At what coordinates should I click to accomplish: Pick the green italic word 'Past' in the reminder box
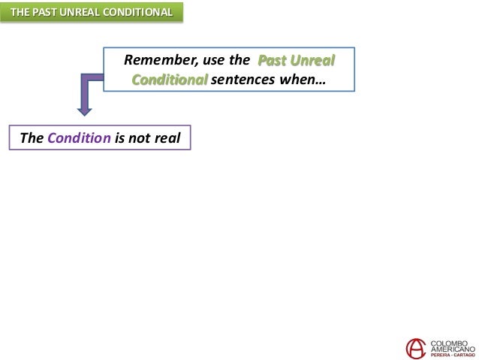271,60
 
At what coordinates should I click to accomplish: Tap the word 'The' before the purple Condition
32,139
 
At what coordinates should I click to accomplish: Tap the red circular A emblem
414,347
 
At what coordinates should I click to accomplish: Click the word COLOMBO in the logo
449,341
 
